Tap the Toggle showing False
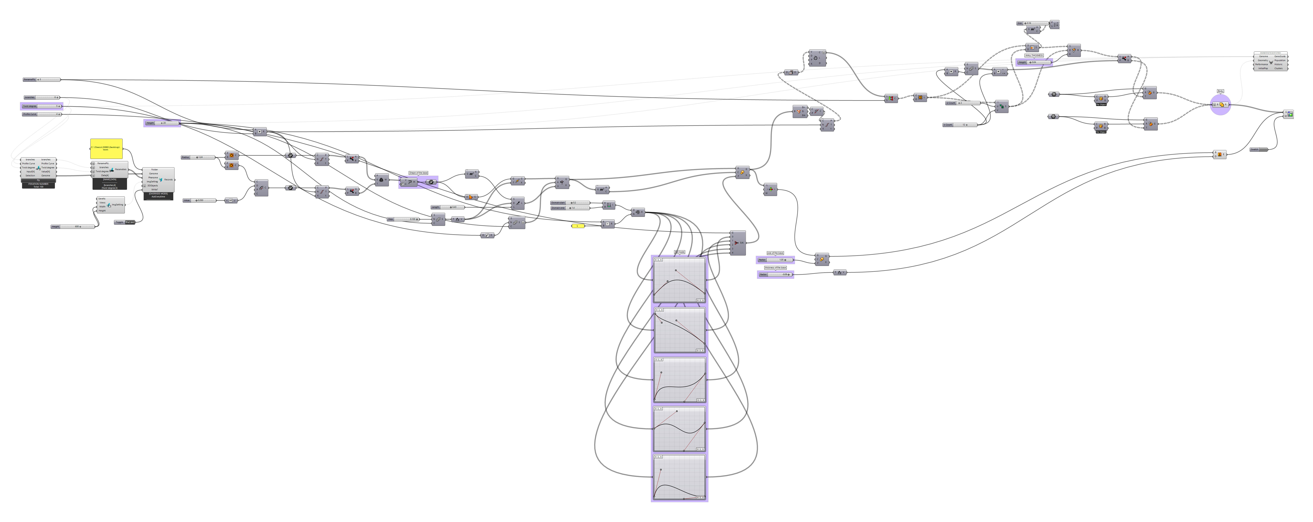point(125,222)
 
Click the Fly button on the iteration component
point(38,180)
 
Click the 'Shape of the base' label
point(418,173)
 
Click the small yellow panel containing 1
point(578,226)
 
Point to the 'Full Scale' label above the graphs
point(679,252)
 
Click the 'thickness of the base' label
point(775,268)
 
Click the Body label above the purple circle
point(1220,91)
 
